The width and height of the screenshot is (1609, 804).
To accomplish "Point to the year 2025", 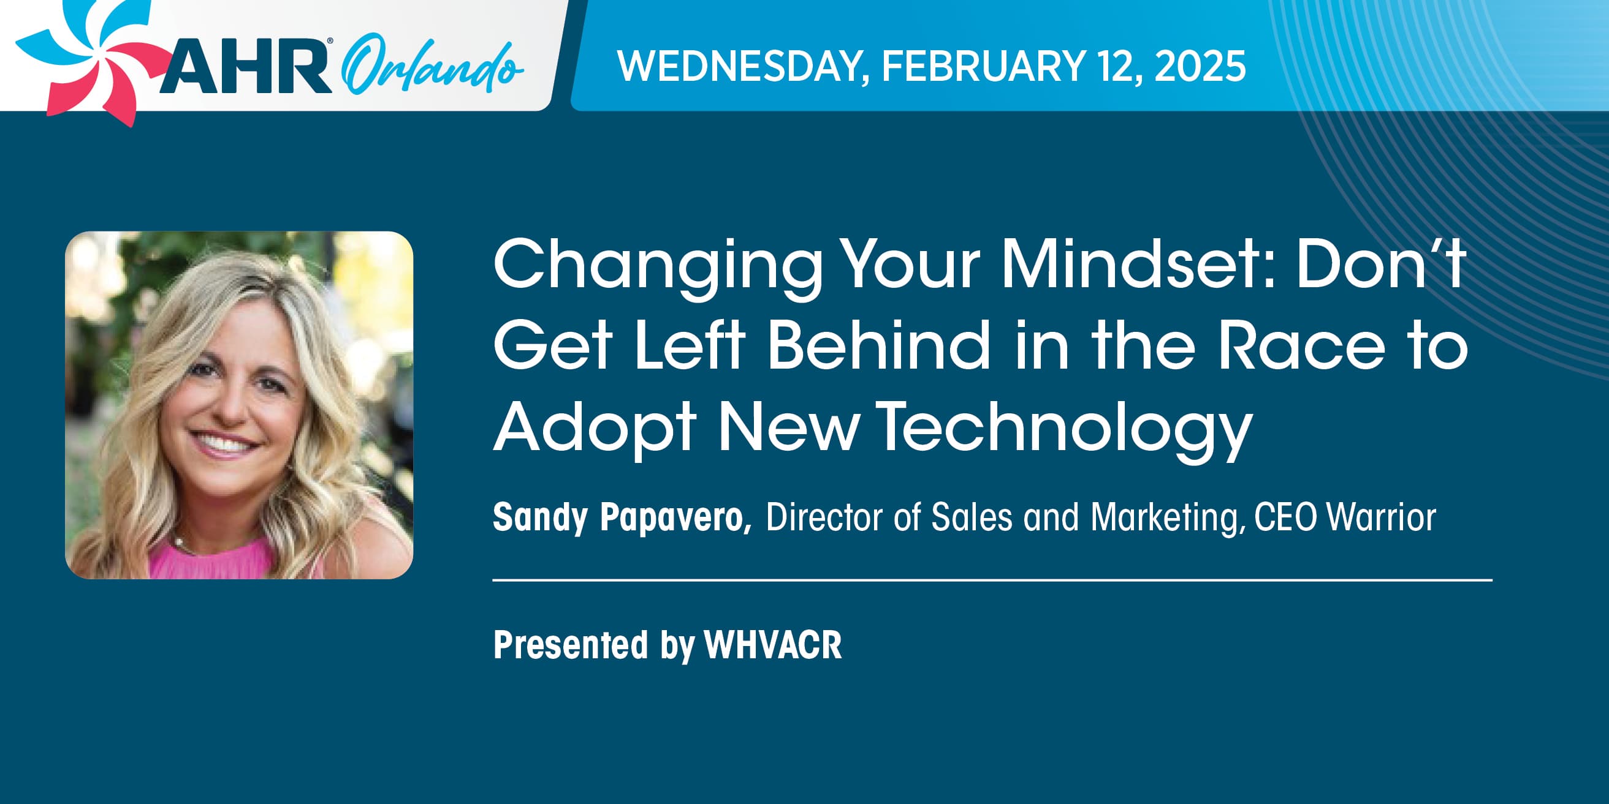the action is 1200,66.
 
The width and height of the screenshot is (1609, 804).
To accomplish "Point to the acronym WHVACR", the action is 774,644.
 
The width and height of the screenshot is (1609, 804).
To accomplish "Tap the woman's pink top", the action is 212,559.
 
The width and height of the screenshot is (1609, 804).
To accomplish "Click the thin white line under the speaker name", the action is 992,580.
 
